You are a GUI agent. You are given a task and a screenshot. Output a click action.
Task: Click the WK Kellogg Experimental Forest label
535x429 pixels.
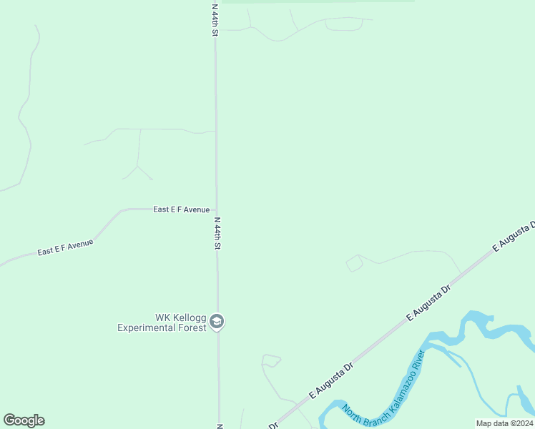(162, 322)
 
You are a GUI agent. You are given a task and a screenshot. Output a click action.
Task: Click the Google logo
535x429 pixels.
(24, 420)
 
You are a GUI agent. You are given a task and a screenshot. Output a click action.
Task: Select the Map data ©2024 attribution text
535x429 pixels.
(505, 423)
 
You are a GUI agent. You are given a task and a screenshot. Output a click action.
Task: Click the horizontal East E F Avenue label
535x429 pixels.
(182, 209)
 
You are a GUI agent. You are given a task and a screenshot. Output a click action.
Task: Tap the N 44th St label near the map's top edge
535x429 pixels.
(215, 19)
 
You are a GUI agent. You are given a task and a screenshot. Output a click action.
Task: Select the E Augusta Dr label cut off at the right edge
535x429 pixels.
(514, 237)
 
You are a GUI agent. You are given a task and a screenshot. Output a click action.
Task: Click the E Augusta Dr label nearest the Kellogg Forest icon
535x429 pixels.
(331, 380)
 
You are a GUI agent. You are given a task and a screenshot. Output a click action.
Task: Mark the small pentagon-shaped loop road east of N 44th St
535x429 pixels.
(354, 263)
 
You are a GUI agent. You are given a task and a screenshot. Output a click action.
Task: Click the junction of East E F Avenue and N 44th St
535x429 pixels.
(217, 209)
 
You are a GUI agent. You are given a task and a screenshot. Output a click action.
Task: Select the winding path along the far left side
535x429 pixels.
(27, 114)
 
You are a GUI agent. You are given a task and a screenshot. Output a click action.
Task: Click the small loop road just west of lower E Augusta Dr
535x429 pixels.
(270, 360)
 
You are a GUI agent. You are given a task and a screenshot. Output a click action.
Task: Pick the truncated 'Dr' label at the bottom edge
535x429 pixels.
(273, 425)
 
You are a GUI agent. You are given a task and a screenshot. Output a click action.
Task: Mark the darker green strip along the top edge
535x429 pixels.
(318, 1)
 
